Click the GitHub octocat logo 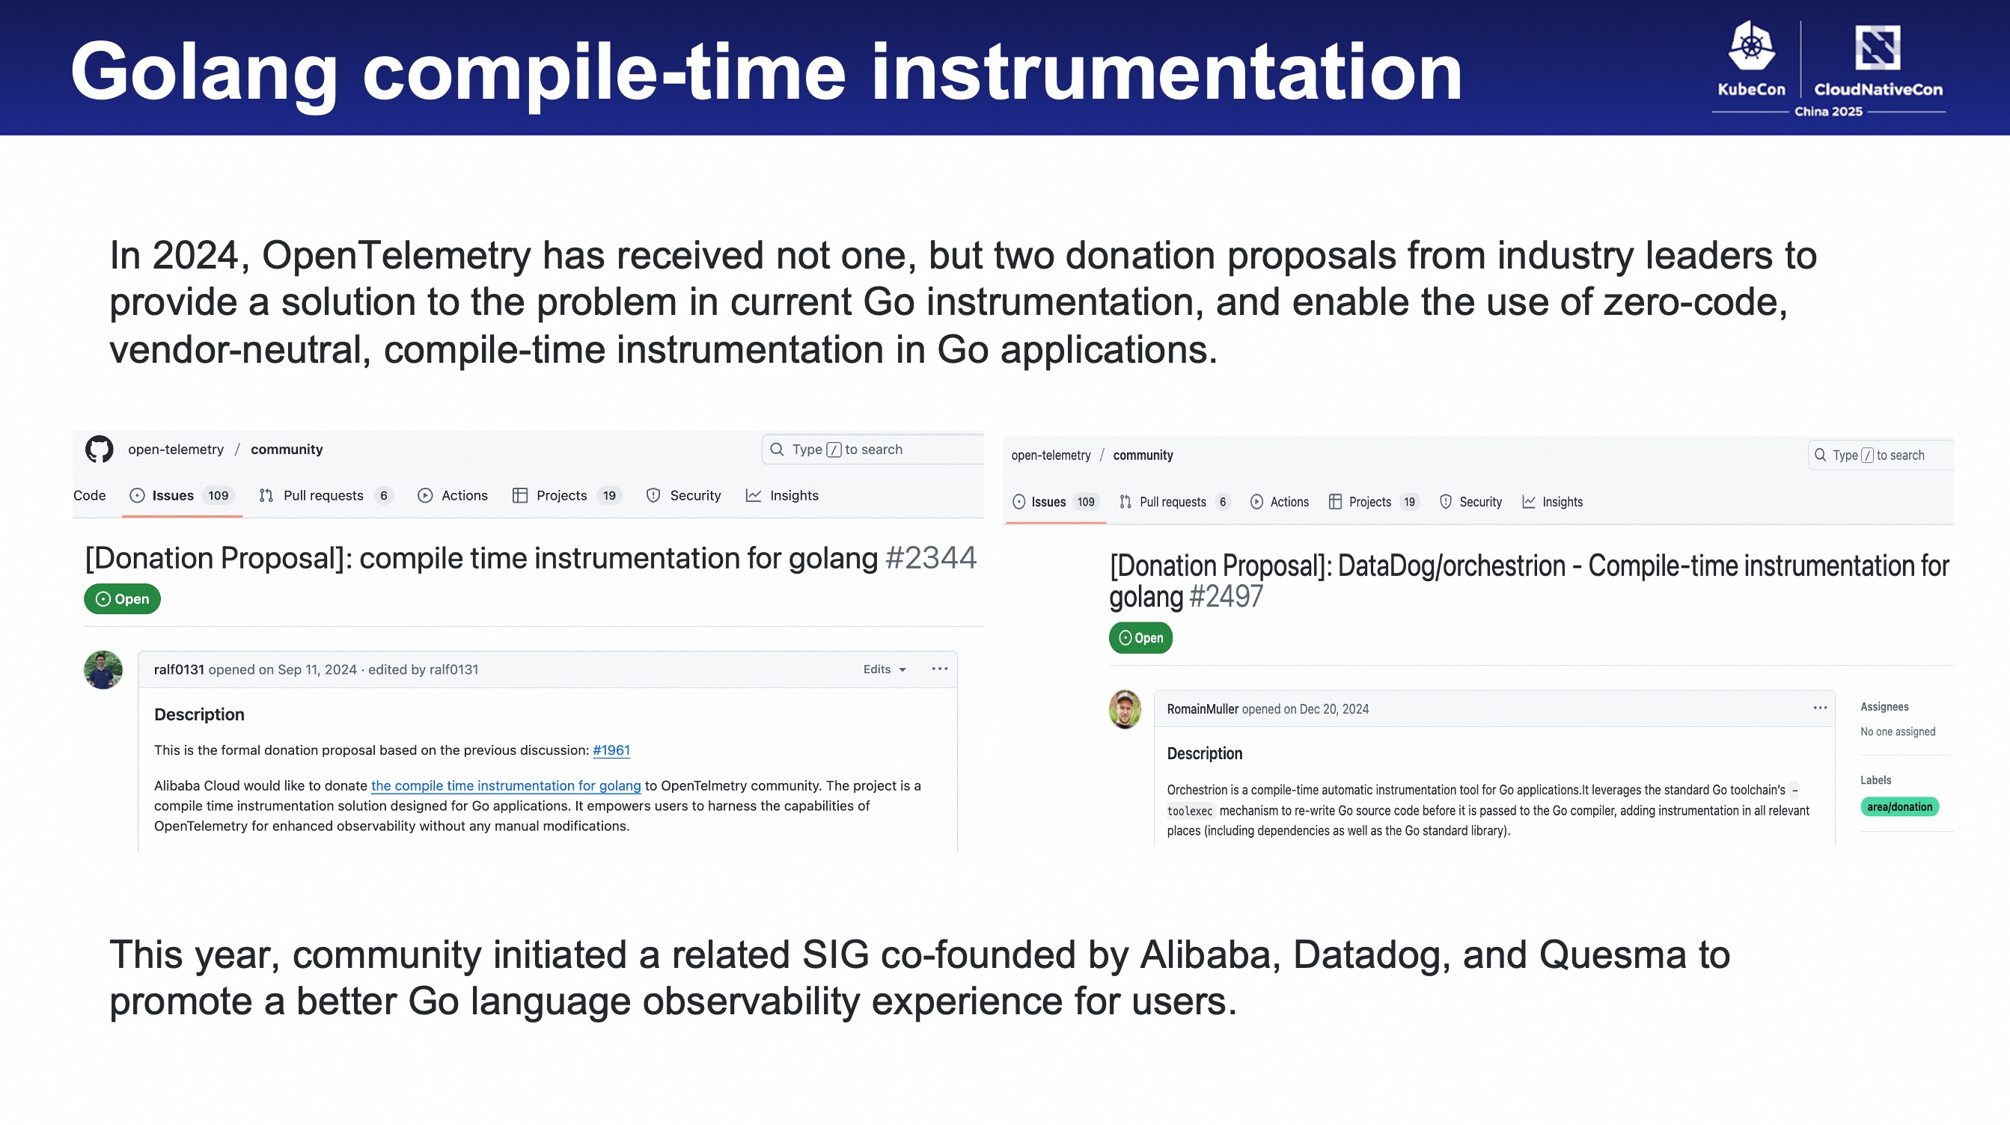(x=99, y=450)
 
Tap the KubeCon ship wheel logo (x=1752, y=46)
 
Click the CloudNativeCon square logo (x=1878, y=48)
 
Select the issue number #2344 (x=931, y=558)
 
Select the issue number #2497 (x=1225, y=597)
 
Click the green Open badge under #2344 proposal (x=122, y=599)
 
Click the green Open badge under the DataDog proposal (x=1140, y=637)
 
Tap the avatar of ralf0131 (x=103, y=669)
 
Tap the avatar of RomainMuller (x=1125, y=709)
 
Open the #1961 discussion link (x=611, y=750)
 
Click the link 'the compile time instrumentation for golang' (x=506, y=785)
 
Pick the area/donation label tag (x=1899, y=806)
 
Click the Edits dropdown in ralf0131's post (x=884, y=669)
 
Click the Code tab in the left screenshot (x=90, y=495)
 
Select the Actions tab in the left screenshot (x=453, y=495)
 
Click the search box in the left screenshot (x=873, y=450)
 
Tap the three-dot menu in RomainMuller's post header (x=1821, y=708)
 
